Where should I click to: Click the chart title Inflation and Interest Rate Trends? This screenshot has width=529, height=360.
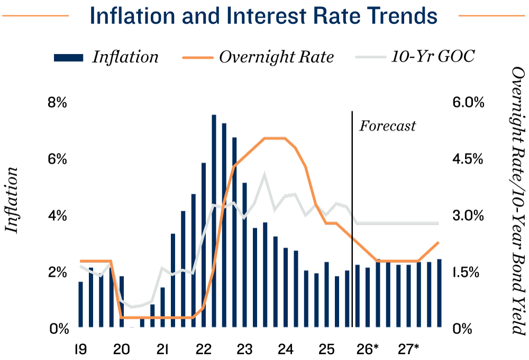point(263,16)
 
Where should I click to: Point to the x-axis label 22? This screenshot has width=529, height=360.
point(204,349)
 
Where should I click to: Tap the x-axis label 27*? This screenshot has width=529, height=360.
point(408,349)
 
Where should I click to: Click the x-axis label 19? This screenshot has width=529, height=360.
point(81,349)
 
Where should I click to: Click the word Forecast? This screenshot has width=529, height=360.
point(387,126)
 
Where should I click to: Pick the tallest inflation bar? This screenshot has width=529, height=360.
point(214,221)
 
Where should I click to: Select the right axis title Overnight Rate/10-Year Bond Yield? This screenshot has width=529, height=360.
point(518,200)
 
